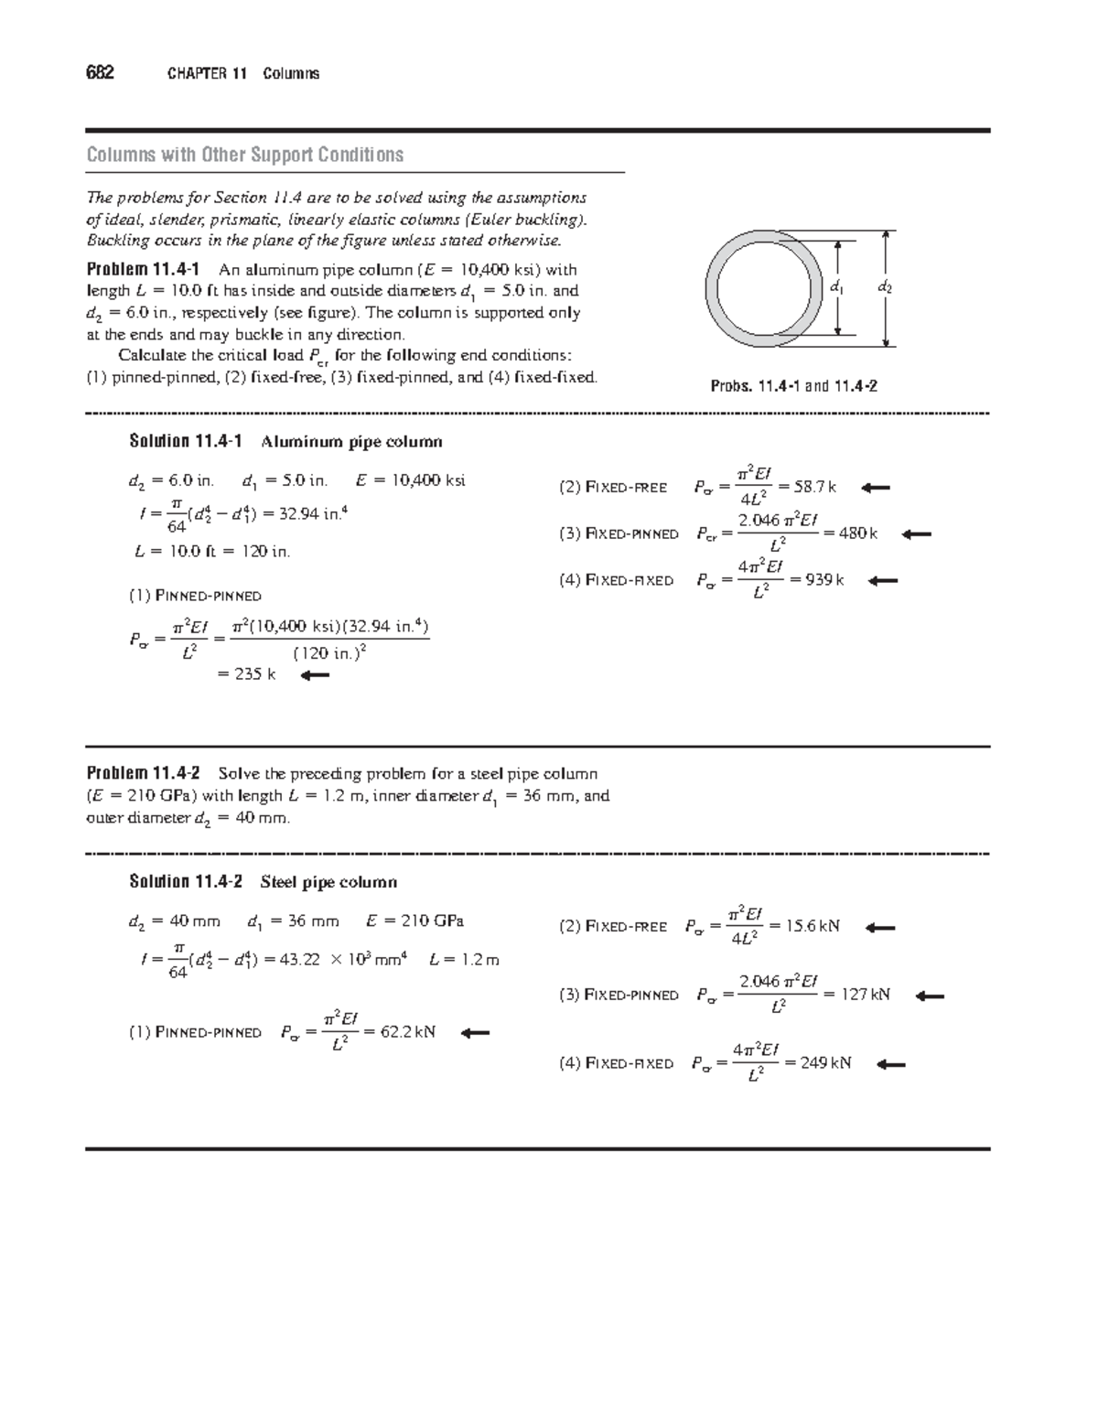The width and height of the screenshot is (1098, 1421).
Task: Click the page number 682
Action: coord(100,73)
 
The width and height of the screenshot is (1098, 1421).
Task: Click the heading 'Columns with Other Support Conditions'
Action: coord(244,155)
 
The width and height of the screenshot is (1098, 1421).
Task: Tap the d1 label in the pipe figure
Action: coord(836,287)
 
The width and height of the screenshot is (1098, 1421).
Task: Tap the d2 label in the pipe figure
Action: coord(884,287)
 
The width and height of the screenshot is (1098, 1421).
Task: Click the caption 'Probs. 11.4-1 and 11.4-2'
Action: coord(794,386)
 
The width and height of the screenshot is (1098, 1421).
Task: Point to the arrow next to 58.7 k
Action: coord(876,488)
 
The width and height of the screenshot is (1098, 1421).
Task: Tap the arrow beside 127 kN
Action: coord(930,996)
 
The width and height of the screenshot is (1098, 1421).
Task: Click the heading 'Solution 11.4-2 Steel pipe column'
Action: coord(263,882)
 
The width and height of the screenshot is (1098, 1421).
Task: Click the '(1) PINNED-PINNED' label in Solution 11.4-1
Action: coord(195,596)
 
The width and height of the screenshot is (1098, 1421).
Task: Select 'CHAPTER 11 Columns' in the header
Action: coord(242,74)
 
